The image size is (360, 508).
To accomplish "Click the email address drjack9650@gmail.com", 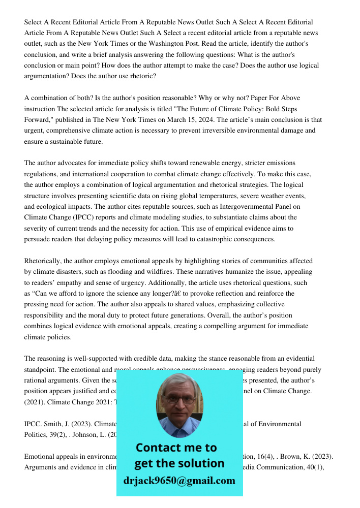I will point(179,481).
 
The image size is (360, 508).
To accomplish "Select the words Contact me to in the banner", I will point(176,448).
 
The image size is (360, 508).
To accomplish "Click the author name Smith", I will point(51,424).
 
